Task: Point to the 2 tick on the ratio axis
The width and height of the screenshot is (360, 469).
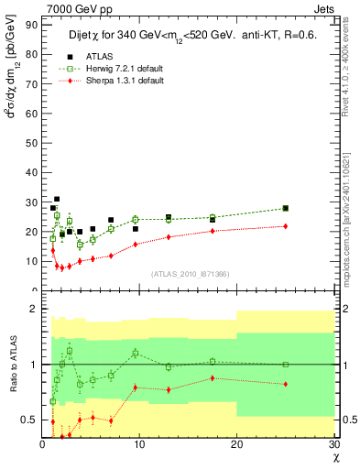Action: click(x=35, y=310)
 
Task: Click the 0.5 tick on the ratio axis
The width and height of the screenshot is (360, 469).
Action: click(x=32, y=420)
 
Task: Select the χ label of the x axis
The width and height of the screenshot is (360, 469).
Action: click(x=334, y=457)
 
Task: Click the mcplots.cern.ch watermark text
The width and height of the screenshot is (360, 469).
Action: click(x=347, y=211)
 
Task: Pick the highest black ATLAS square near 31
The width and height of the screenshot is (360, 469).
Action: click(x=57, y=199)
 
